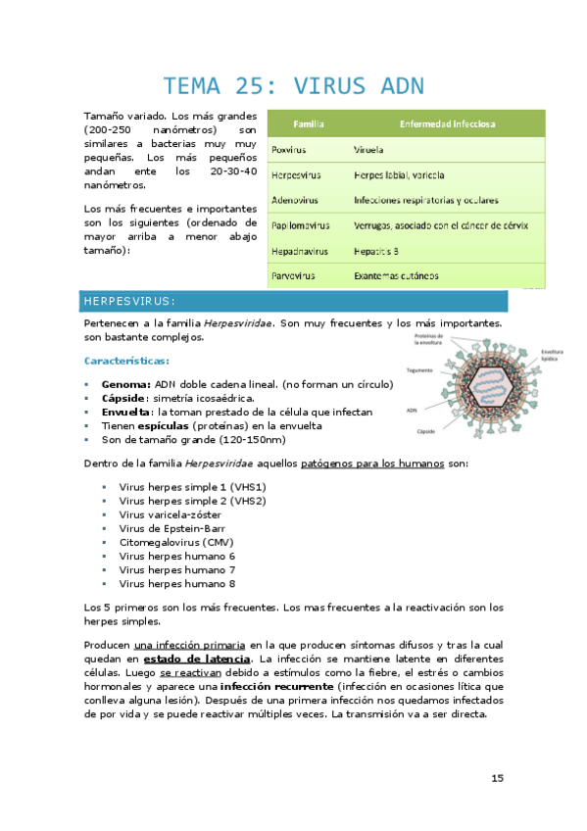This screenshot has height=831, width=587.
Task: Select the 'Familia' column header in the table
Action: pyautogui.click(x=310, y=124)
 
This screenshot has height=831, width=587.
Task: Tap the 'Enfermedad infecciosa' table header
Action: pyautogui.click(x=447, y=124)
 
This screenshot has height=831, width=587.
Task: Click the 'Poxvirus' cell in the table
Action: pyautogui.click(x=288, y=150)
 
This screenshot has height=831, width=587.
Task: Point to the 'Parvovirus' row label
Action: pyautogui.click(x=292, y=276)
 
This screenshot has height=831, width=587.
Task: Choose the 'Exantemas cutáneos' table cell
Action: pyautogui.click(x=403, y=276)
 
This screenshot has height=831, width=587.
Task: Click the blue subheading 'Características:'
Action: pyautogui.click(x=130, y=361)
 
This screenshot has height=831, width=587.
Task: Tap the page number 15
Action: pyautogui.click(x=497, y=778)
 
